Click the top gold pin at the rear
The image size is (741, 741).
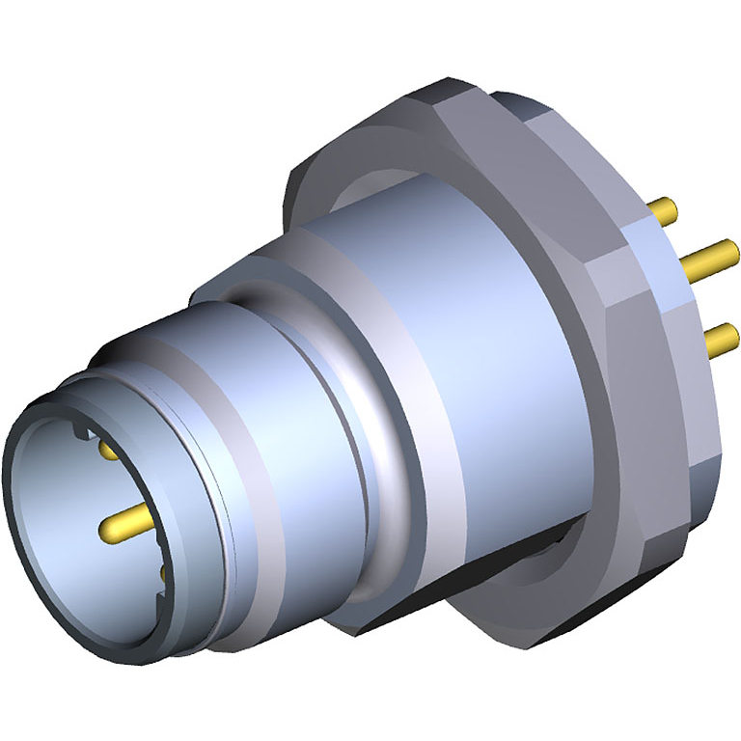coord(665,207)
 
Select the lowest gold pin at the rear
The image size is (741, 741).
coord(722,338)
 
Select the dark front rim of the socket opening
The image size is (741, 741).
coord(29,540)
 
